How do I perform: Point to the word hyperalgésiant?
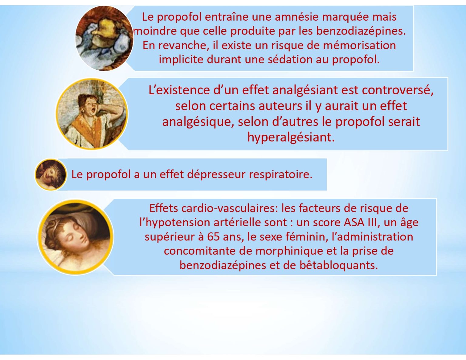tap(291, 137)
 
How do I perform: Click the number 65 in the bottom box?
tap(213, 237)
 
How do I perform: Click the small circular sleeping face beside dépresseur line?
tap(51, 174)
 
